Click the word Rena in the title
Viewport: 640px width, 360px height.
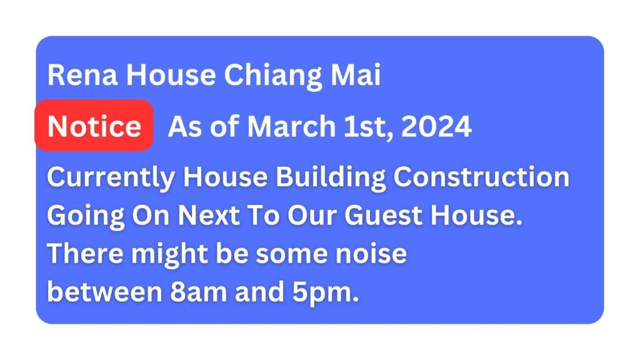(82, 75)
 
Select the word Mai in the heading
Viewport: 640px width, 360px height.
(356, 75)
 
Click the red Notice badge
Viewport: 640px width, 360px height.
(94, 125)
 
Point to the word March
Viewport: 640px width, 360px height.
(291, 126)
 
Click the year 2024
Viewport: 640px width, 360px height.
(436, 126)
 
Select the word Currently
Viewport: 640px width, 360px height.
(111, 178)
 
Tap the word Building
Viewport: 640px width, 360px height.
(330, 178)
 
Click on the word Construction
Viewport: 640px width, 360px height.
(481, 177)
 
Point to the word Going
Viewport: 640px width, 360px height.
(86, 216)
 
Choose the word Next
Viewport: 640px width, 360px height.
(208, 215)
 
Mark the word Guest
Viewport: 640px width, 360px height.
(383, 215)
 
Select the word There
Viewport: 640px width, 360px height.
(85, 253)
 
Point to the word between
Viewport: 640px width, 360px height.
(105, 291)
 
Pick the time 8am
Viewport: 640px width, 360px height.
(198, 291)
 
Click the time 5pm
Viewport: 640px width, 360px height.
(325, 293)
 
